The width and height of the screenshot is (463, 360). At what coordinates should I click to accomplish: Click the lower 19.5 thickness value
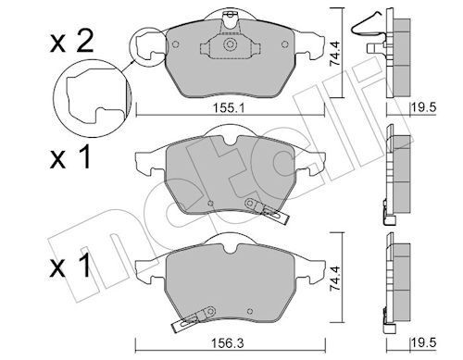425,345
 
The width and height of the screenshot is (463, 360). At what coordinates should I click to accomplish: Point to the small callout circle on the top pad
148,45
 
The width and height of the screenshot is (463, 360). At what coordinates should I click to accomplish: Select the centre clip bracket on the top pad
228,47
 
